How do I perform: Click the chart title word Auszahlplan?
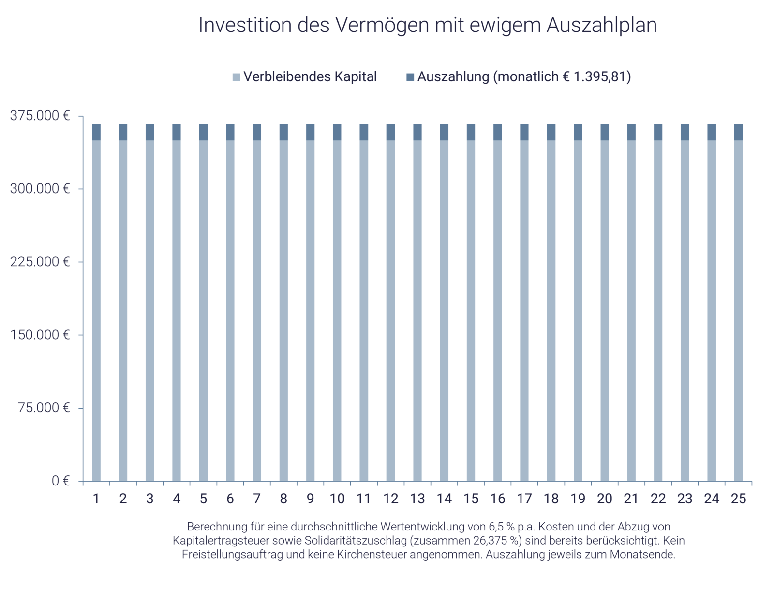pyautogui.click(x=601, y=26)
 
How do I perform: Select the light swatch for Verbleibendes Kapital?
pyautogui.click(x=236, y=77)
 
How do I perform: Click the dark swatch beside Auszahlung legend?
pyautogui.click(x=410, y=77)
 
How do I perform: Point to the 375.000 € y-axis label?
pyautogui.click(x=40, y=116)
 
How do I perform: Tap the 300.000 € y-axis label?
pyautogui.click(x=40, y=189)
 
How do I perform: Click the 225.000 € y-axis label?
pyautogui.click(x=40, y=262)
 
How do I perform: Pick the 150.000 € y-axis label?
pyautogui.click(x=40, y=335)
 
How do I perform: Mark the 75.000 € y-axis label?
pyautogui.click(x=44, y=408)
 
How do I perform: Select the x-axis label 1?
pyautogui.click(x=96, y=499)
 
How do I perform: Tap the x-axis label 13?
pyautogui.click(x=417, y=499)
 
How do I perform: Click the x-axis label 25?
pyautogui.click(x=738, y=499)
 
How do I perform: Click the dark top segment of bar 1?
pyautogui.click(x=96, y=132)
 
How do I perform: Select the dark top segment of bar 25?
pyautogui.click(x=738, y=132)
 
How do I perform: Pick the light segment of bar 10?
pyautogui.click(x=337, y=310)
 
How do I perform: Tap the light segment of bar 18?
pyautogui.click(x=551, y=310)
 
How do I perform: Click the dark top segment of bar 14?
pyautogui.click(x=444, y=132)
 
